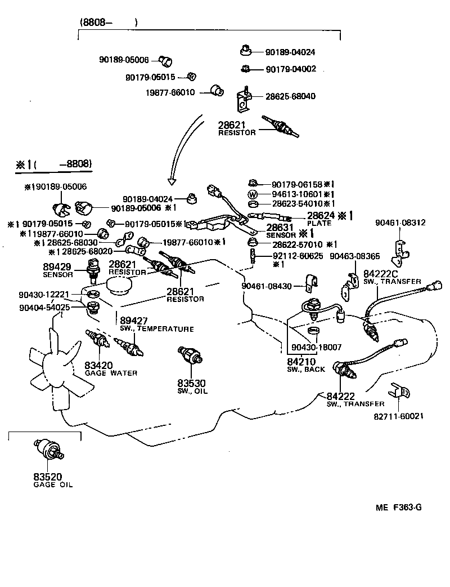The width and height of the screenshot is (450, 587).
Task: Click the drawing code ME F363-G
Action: point(399,507)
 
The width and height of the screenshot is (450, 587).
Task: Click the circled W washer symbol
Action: point(253,194)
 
